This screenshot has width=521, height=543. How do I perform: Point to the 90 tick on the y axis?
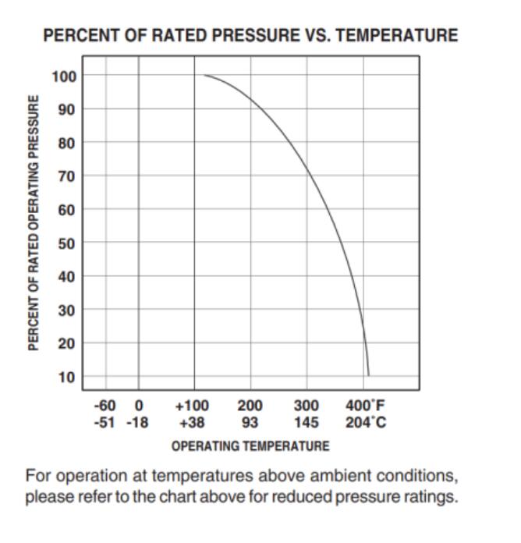(x=67, y=110)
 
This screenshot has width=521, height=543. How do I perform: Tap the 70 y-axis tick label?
(x=67, y=176)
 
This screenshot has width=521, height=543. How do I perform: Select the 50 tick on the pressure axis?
(x=67, y=243)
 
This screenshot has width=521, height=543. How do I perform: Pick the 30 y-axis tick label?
(x=67, y=311)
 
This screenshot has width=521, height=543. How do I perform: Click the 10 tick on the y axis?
(x=67, y=378)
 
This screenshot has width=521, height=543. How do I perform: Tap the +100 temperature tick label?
(x=193, y=406)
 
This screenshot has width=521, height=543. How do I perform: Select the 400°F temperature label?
(x=365, y=406)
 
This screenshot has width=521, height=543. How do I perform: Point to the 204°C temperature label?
(x=365, y=423)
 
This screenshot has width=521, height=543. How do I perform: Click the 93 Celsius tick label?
(x=250, y=423)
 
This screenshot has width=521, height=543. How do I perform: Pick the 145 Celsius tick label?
(x=307, y=423)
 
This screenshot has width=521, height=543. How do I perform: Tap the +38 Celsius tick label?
(x=193, y=423)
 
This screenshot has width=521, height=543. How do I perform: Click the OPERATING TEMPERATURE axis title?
(x=250, y=446)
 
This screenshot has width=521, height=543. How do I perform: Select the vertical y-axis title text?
(x=34, y=223)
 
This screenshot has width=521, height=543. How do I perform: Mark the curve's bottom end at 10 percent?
(x=368, y=375)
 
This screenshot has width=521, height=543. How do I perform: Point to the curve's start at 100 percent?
(x=204, y=76)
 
